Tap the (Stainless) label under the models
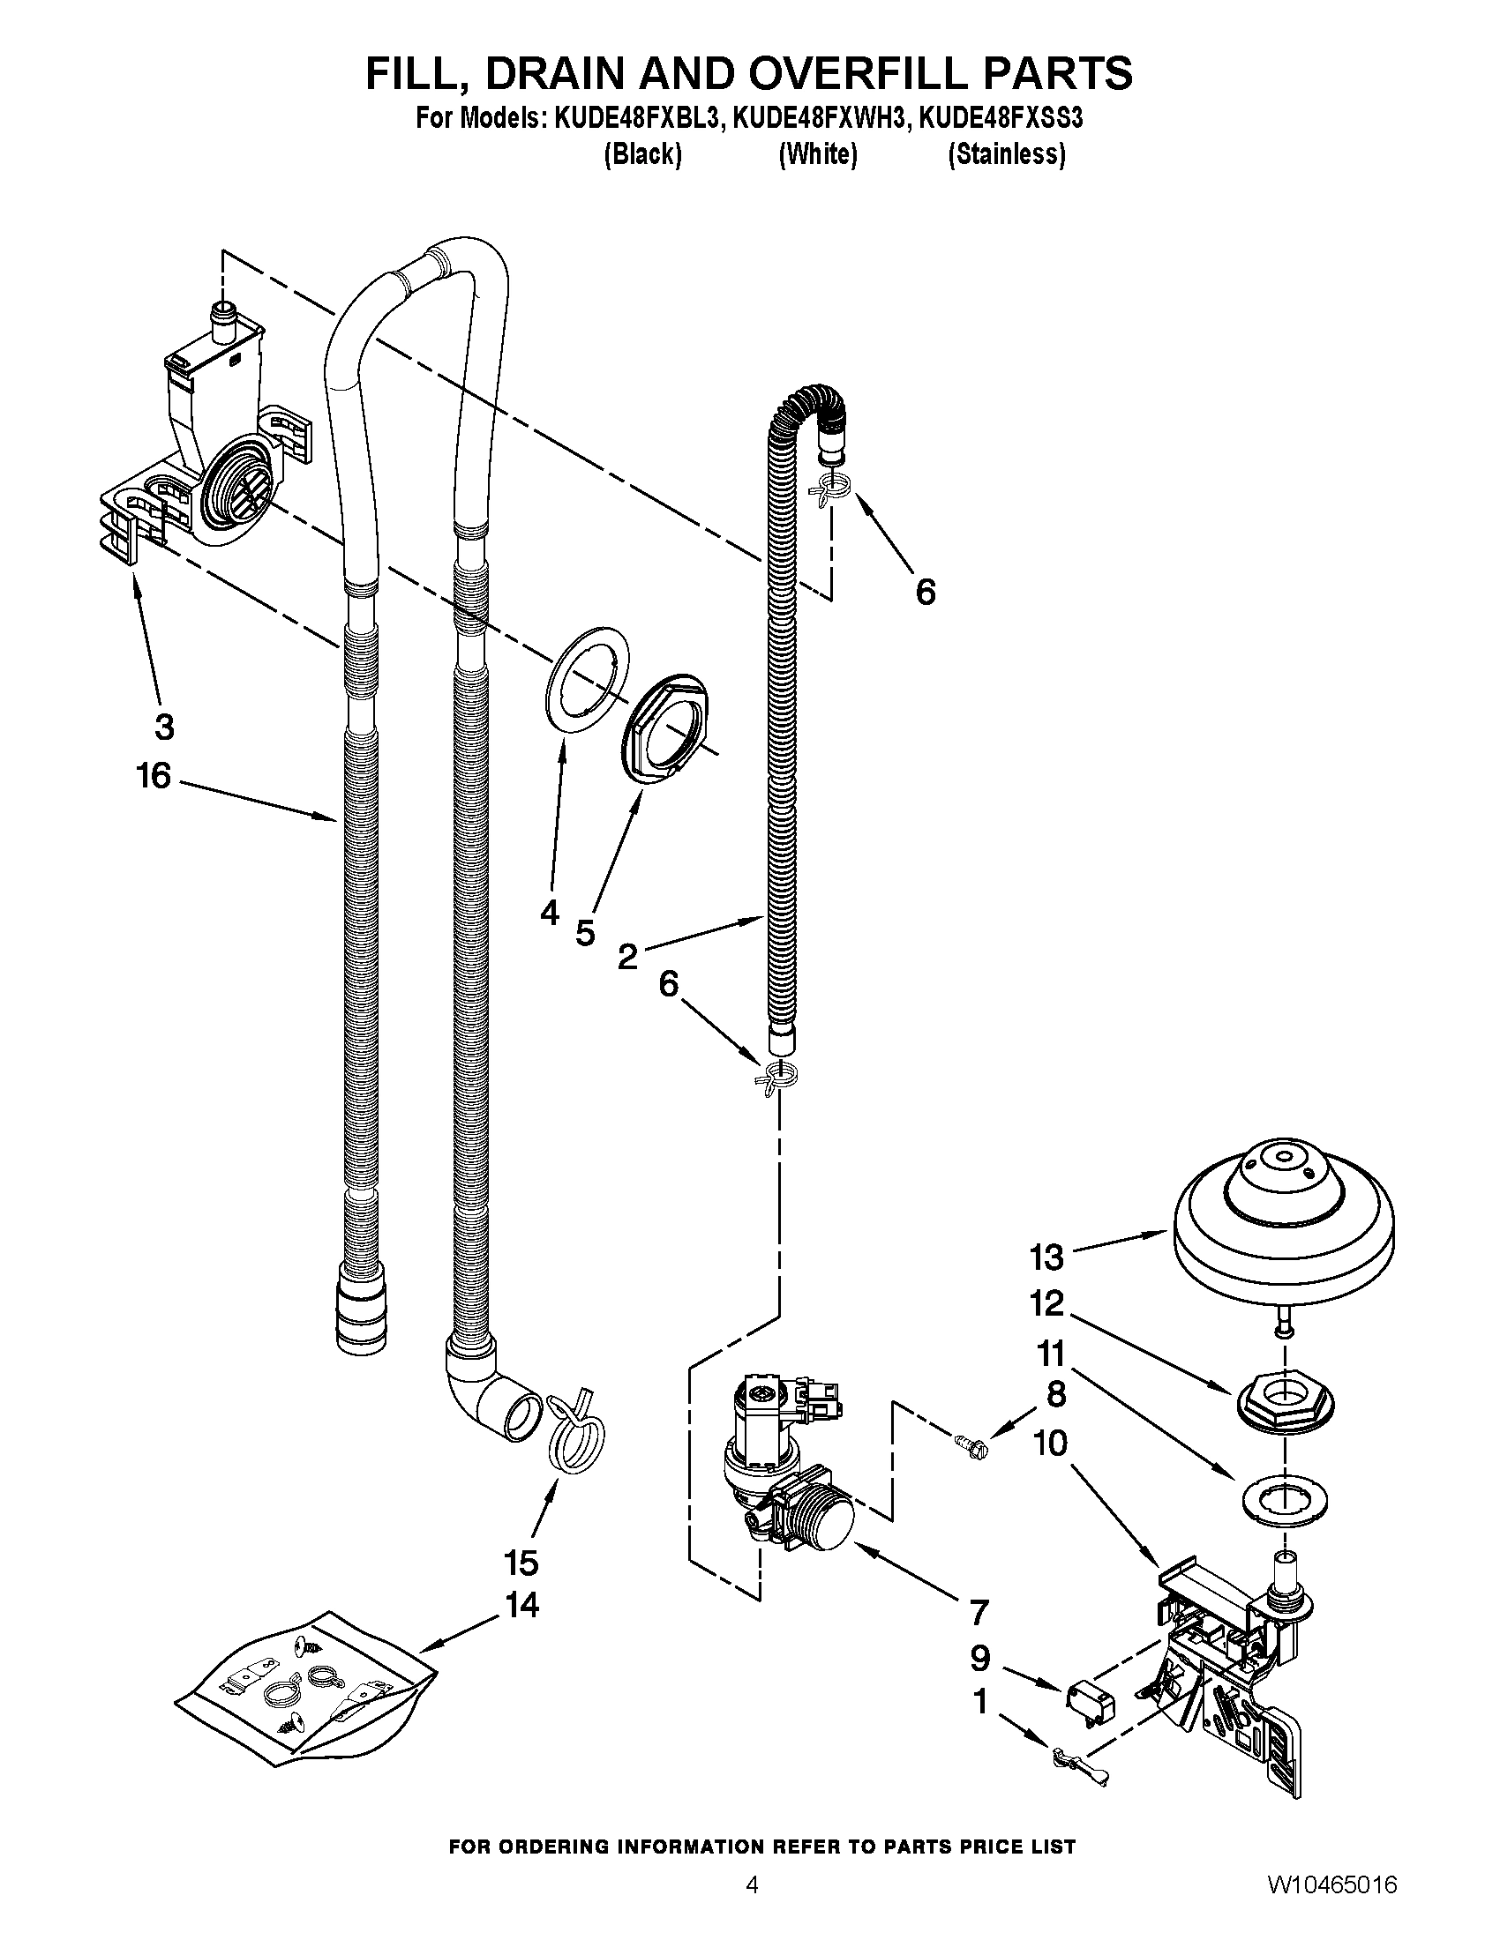click(x=1006, y=154)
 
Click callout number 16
click(x=153, y=775)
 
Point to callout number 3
click(x=164, y=727)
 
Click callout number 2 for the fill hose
click(x=627, y=957)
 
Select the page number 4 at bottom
click(x=752, y=1906)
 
